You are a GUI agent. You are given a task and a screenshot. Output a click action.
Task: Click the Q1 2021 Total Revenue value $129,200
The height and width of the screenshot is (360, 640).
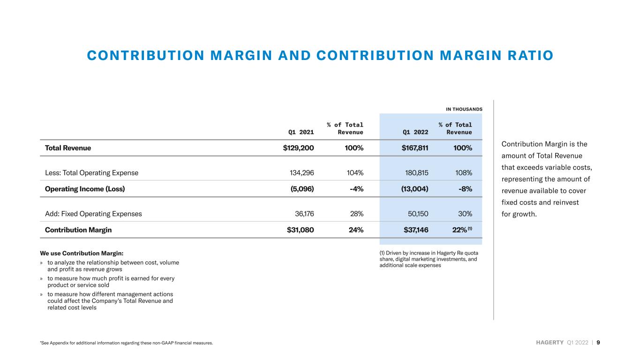pyautogui.click(x=298, y=148)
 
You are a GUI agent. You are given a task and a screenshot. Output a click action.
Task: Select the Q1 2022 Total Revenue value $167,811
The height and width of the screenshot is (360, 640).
pyautogui.click(x=415, y=148)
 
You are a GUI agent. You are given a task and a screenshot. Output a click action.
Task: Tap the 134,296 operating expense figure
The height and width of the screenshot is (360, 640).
pyautogui.click(x=302, y=173)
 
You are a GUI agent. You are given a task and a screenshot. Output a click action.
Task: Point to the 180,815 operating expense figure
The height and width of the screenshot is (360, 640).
pyautogui.click(x=416, y=173)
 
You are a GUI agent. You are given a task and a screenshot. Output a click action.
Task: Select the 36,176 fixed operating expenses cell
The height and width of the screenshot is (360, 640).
pyautogui.click(x=304, y=214)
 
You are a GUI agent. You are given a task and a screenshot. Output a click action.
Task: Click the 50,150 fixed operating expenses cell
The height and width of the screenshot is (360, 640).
pyautogui.click(x=418, y=214)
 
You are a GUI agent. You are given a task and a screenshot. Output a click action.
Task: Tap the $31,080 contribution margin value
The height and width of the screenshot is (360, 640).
pyautogui.click(x=300, y=230)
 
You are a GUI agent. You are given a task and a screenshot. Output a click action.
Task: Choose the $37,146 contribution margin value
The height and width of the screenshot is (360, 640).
pyautogui.click(x=416, y=230)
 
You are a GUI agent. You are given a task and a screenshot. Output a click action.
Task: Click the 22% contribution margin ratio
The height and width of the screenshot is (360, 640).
pyautogui.click(x=459, y=230)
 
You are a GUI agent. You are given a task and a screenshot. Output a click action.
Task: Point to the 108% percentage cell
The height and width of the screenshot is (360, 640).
pyautogui.click(x=464, y=173)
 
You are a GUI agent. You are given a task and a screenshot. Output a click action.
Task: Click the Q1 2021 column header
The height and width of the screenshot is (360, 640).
pyautogui.click(x=301, y=132)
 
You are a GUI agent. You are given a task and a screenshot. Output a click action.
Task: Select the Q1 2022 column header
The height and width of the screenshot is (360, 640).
pyautogui.click(x=415, y=132)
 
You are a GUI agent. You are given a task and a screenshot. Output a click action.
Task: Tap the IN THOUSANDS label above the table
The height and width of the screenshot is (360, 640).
pyautogui.click(x=464, y=109)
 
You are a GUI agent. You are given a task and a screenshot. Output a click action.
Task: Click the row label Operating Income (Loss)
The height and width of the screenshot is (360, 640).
pyautogui.click(x=85, y=189)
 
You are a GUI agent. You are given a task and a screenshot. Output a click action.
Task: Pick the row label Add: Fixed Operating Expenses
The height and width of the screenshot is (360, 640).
pyautogui.click(x=93, y=214)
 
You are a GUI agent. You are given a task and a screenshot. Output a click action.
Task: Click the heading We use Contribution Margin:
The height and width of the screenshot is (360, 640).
pyautogui.click(x=82, y=254)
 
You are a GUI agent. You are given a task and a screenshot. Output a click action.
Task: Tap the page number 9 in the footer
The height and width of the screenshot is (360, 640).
pyautogui.click(x=598, y=343)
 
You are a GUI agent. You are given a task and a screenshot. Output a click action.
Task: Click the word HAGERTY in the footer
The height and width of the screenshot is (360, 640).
pyautogui.click(x=550, y=343)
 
